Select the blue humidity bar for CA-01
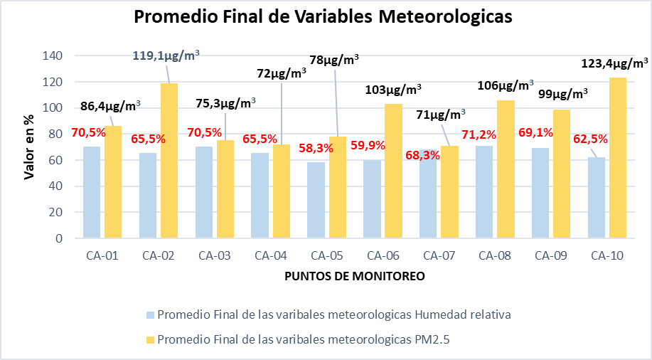92,192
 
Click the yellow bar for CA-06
394,171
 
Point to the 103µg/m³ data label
393,90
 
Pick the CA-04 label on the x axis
271,255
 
